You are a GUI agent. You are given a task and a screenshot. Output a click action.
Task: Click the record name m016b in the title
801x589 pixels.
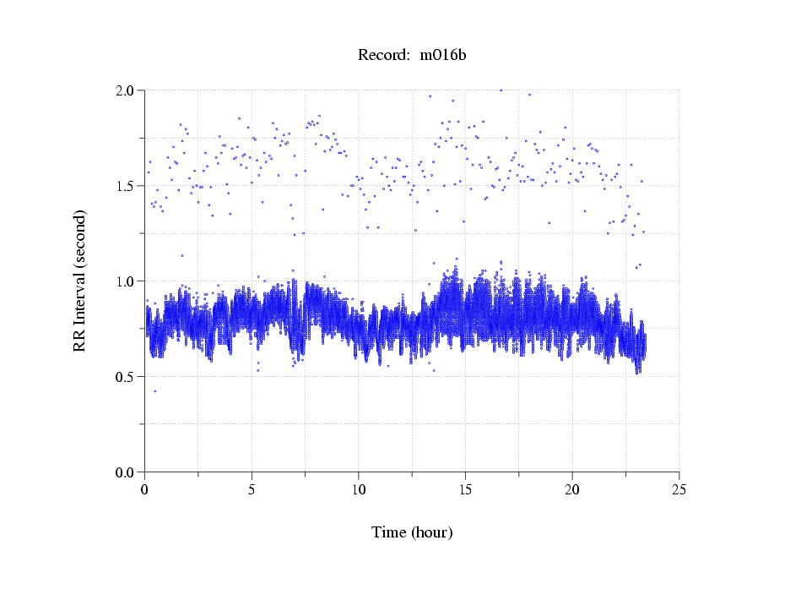[443, 55]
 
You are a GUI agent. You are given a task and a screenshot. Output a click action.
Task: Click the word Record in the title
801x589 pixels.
[382, 55]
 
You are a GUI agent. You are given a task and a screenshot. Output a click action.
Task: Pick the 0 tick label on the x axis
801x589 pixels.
[145, 488]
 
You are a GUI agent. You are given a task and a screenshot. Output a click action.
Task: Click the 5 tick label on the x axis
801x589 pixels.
[252, 488]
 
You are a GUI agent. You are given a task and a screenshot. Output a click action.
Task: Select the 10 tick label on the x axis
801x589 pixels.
[359, 488]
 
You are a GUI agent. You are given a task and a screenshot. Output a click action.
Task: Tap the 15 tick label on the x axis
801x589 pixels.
[465, 488]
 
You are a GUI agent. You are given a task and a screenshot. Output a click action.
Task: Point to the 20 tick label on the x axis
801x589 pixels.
[572, 488]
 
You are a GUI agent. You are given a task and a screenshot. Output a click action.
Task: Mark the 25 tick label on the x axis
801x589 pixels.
[679, 488]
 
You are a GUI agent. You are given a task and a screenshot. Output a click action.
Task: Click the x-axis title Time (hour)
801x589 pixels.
[412, 532]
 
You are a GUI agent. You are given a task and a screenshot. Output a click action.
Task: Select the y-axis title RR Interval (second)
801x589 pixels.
[79, 280]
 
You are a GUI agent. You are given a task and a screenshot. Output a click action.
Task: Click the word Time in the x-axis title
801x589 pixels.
[389, 532]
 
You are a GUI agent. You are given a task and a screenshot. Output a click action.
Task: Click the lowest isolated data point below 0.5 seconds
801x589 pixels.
[154, 390]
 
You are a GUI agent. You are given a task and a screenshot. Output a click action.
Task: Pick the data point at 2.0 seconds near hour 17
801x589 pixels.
[501, 90]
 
